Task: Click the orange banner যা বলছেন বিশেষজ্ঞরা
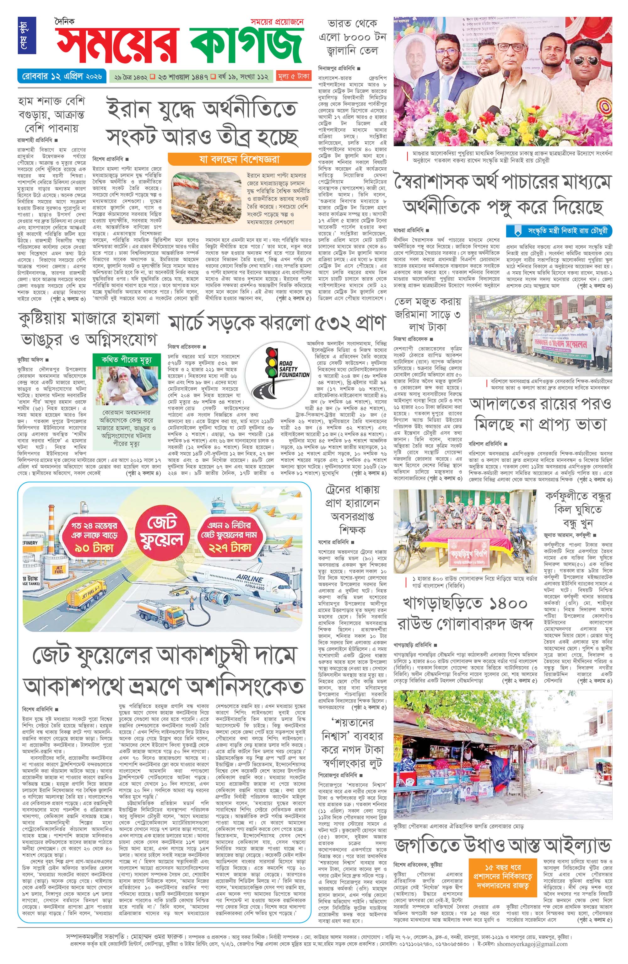click(x=239, y=159)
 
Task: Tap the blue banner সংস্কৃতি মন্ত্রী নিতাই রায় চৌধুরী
click(x=560, y=231)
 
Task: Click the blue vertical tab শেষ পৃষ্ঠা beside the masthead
click(x=30, y=36)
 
